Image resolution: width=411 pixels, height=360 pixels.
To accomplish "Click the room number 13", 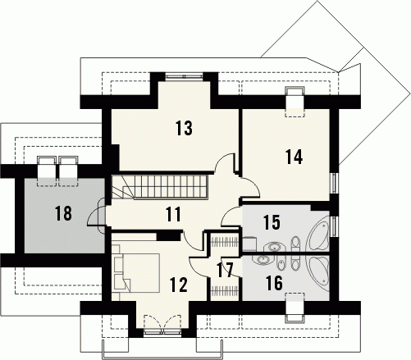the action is [x=185, y=128].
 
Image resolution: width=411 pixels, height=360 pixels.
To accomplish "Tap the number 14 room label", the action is [x=294, y=157].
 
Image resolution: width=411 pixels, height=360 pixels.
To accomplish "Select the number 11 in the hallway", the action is [x=174, y=214].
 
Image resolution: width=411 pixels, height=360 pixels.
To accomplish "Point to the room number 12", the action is [x=179, y=285].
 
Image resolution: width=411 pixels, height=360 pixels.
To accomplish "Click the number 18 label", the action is [x=64, y=213].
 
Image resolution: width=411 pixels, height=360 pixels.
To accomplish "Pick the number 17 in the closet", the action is [x=226, y=270].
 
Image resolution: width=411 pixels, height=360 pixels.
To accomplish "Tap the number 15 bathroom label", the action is [x=272, y=222].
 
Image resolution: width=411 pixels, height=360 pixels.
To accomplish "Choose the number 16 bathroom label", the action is [x=274, y=283].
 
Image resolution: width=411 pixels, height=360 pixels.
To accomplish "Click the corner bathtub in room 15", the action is [x=319, y=233].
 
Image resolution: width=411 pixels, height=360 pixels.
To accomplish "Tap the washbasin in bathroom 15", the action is [x=272, y=247].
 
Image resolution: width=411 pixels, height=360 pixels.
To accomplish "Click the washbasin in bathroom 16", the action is [x=263, y=259].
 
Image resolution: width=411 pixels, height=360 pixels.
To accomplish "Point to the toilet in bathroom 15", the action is [x=295, y=244].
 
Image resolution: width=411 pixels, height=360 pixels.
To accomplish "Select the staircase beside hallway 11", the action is [x=160, y=187].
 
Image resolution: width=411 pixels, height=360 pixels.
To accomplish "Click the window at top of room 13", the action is [x=185, y=76].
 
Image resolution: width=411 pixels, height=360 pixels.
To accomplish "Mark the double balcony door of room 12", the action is [x=162, y=324].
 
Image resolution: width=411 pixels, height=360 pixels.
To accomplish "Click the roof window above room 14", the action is [x=295, y=102].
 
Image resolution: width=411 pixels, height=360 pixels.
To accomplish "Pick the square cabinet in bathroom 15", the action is [x=249, y=244].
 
